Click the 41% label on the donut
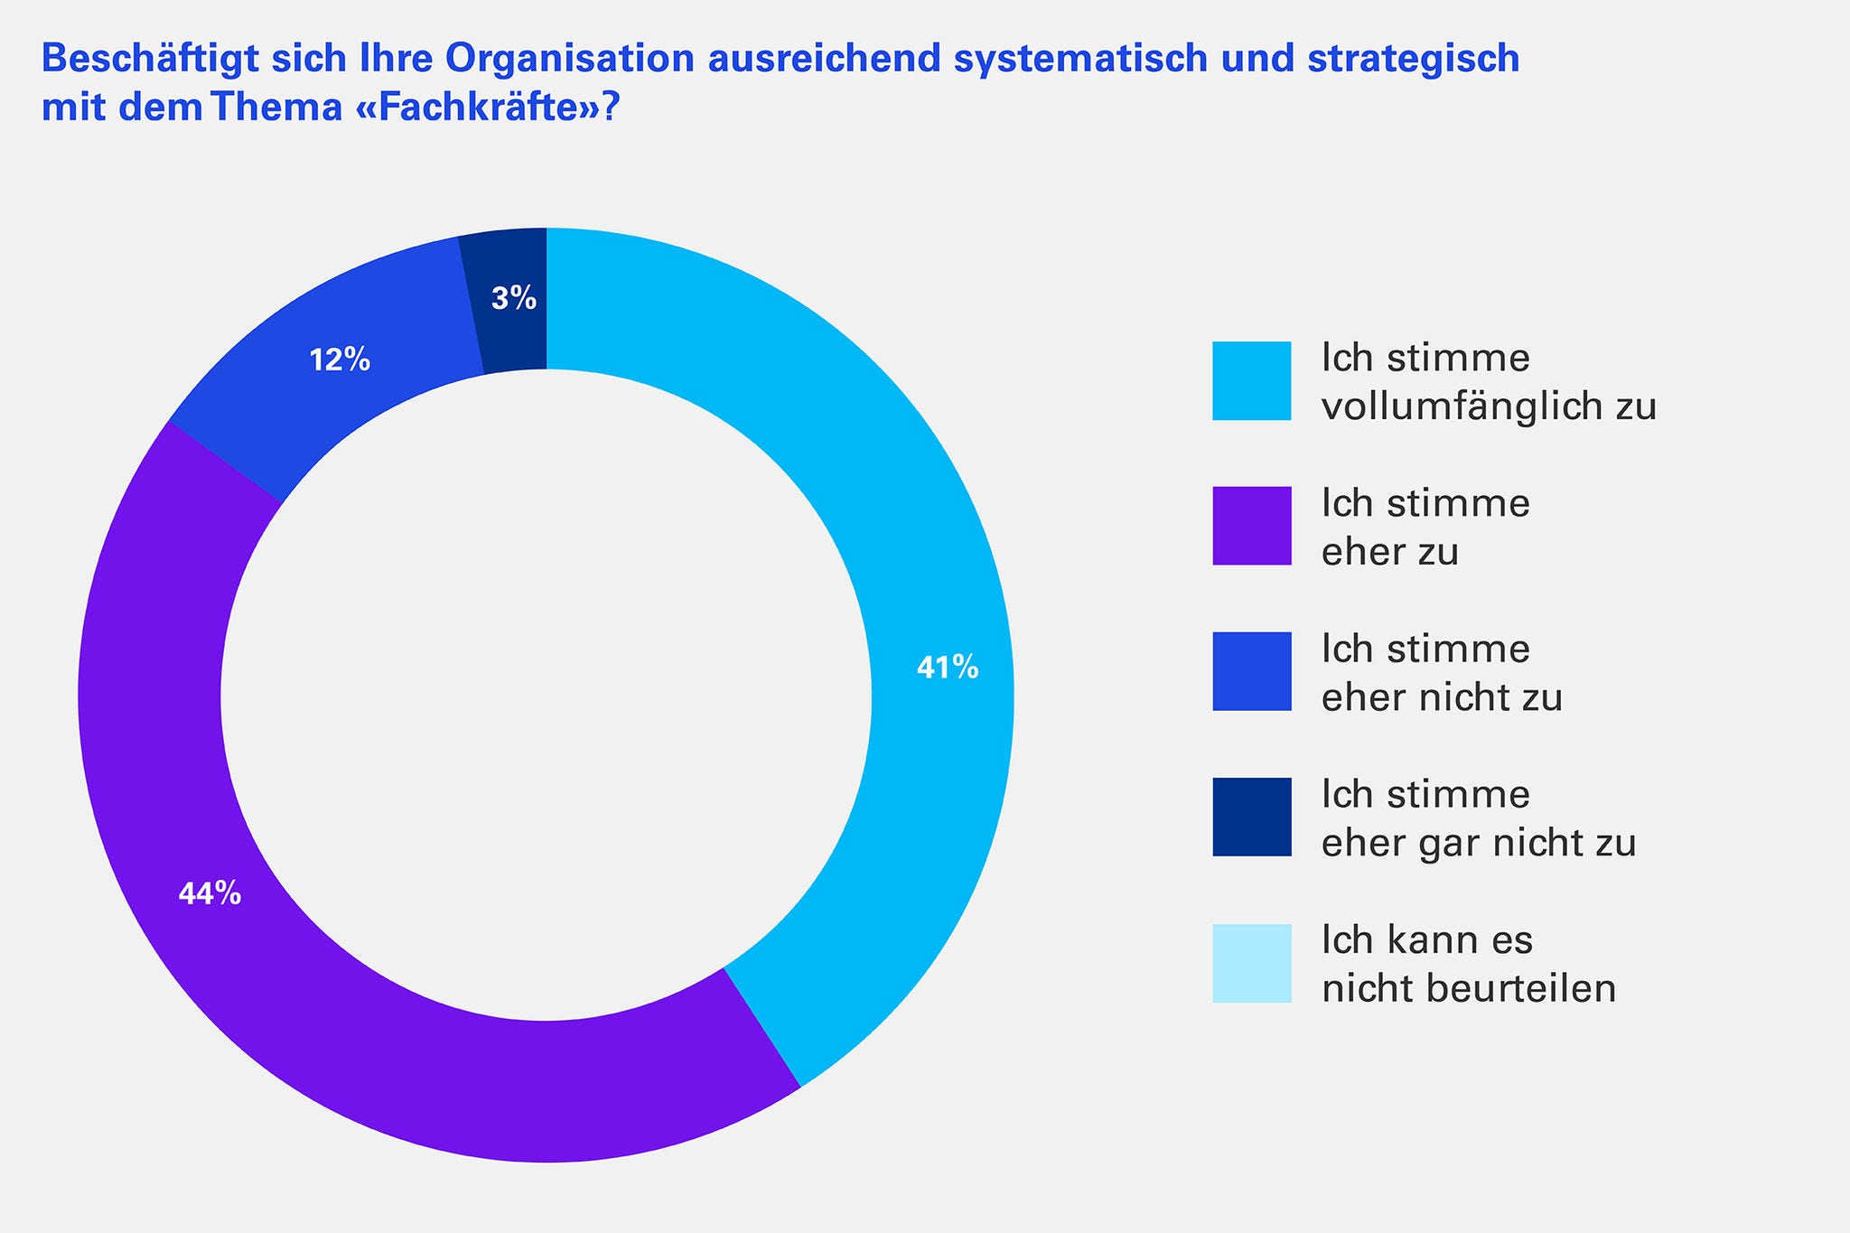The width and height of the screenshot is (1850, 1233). pos(947,668)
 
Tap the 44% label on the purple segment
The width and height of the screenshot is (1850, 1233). pos(210,894)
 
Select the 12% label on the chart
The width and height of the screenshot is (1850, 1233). pos(340,360)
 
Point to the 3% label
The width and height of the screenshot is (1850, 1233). pos(514,299)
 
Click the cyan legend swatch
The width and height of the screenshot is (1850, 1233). pos(1251,380)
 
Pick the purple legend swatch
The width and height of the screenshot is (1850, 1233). pos(1251,526)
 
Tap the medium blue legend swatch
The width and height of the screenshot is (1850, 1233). pos(1251,671)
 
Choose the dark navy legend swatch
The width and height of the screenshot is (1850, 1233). pos(1251,817)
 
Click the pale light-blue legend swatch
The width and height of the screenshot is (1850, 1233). pos(1251,963)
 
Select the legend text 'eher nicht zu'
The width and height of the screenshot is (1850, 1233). pos(1442,698)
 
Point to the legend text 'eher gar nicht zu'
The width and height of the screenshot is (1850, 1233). pos(1479,844)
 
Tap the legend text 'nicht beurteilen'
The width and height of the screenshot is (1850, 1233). pos(1468,989)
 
